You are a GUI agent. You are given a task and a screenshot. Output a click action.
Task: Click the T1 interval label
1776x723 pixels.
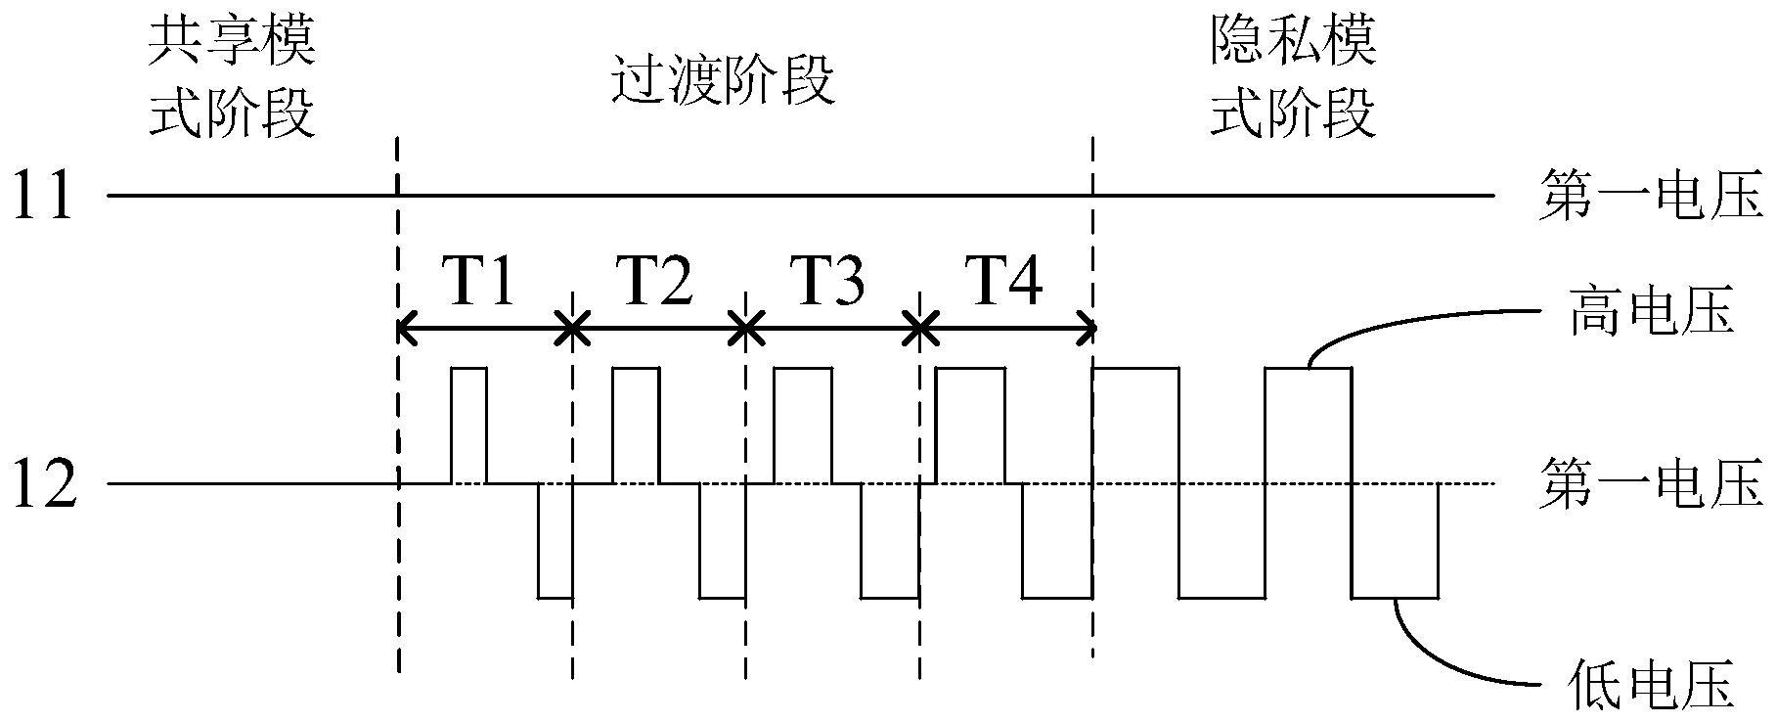point(481,285)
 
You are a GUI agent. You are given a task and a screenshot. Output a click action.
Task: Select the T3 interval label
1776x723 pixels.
point(829,285)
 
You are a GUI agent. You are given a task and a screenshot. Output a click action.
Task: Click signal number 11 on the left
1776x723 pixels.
point(43,196)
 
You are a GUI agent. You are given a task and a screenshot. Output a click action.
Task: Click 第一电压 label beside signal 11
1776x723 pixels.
point(1651,196)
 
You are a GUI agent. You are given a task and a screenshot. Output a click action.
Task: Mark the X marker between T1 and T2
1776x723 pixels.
point(572,330)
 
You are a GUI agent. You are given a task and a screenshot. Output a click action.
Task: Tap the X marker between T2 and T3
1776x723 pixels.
point(745,330)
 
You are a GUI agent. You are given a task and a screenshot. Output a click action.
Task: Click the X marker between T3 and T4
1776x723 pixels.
point(919,330)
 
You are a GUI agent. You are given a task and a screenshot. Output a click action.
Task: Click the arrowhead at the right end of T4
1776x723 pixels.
point(1086,330)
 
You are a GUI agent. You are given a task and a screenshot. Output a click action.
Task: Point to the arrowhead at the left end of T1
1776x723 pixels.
point(406,330)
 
